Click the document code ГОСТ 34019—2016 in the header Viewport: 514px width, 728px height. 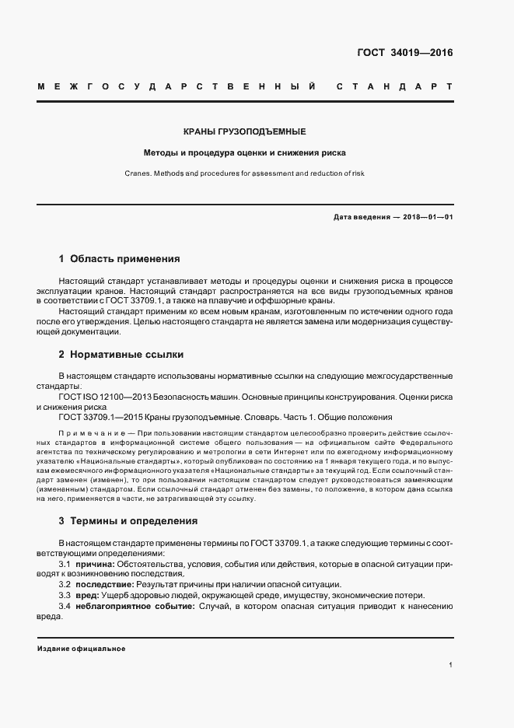coord(405,54)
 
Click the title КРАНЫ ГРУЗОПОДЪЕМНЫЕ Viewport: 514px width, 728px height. coord(244,131)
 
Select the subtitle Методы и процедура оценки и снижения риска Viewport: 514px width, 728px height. coord(244,152)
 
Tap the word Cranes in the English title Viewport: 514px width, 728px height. coord(137,173)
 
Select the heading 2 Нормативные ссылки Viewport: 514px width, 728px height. coord(121,354)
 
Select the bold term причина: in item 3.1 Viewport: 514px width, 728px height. coord(97,562)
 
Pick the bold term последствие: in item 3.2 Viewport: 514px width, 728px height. coord(103,583)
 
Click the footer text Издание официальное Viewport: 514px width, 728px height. coord(81,648)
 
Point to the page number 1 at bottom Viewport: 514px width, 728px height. coord(450,665)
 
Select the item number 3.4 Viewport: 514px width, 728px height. coord(65,605)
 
